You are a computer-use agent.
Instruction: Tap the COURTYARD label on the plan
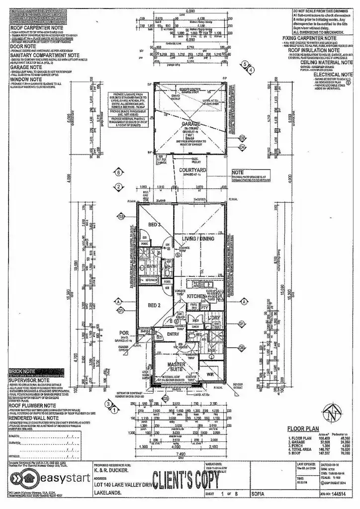[192, 169]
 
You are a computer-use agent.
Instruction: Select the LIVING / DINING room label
[197, 239]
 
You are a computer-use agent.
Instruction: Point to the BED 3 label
[155, 225]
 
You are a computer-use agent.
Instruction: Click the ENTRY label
[173, 335]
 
